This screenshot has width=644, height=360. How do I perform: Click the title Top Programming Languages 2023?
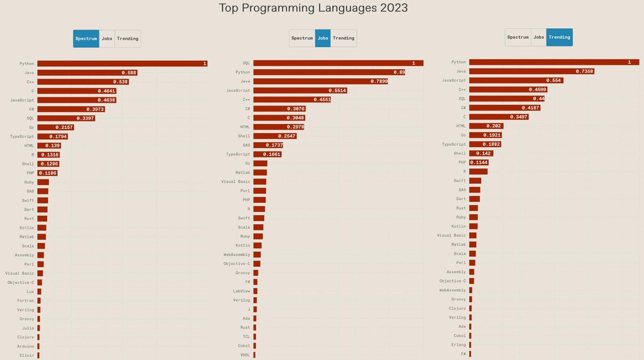(x=313, y=8)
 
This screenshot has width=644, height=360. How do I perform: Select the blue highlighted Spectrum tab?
(x=86, y=38)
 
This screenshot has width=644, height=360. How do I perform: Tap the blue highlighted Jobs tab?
(x=323, y=38)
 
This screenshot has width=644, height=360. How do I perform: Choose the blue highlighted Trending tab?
(x=559, y=37)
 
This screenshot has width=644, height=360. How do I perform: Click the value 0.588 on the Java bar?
(x=129, y=72)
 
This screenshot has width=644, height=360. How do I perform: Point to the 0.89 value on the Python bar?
(x=399, y=72)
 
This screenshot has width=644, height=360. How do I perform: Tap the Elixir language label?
(x=26, y=355)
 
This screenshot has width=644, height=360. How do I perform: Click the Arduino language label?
(x=25, y=346)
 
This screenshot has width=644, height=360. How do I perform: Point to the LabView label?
(x=241, y=291)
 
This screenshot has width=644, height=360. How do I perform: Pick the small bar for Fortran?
(x=39, y=300)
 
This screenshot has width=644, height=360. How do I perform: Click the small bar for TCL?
(x=255, y=337)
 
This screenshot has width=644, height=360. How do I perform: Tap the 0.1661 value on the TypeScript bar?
(x=271, y=154)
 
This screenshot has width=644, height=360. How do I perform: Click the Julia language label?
(x=28, y=327)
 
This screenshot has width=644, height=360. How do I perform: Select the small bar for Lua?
(x=39, y=291)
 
